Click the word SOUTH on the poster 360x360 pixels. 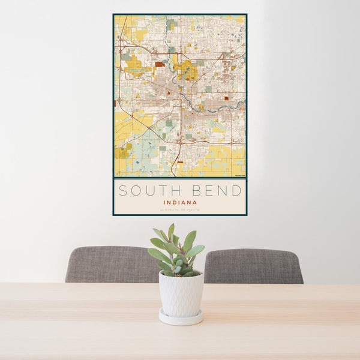click(146, 191)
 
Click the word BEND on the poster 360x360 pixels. click(214, 191)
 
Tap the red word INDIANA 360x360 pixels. click(180, 203)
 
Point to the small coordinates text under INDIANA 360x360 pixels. click(180, 209)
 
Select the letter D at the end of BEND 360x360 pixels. click(238, 191)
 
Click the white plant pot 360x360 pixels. click(181, 293)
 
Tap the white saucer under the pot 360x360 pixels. click(181, 318)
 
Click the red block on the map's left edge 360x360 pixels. click(115, 103)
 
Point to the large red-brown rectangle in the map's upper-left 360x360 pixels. click(159, 64)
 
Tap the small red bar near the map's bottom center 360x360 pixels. click(180, 162)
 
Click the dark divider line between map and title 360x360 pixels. click(180, 178)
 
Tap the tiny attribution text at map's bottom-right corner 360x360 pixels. click(239, 175)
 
